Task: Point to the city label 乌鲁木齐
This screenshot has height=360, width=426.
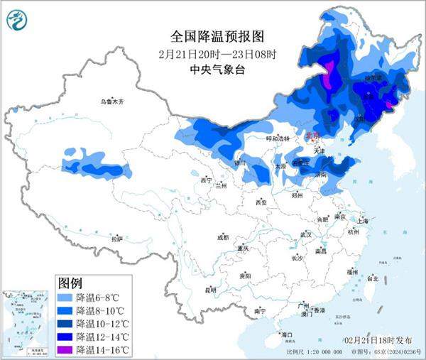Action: (111, 102)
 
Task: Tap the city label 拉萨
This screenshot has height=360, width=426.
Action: (117, 239)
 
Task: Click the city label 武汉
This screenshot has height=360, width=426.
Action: (306, 234)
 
